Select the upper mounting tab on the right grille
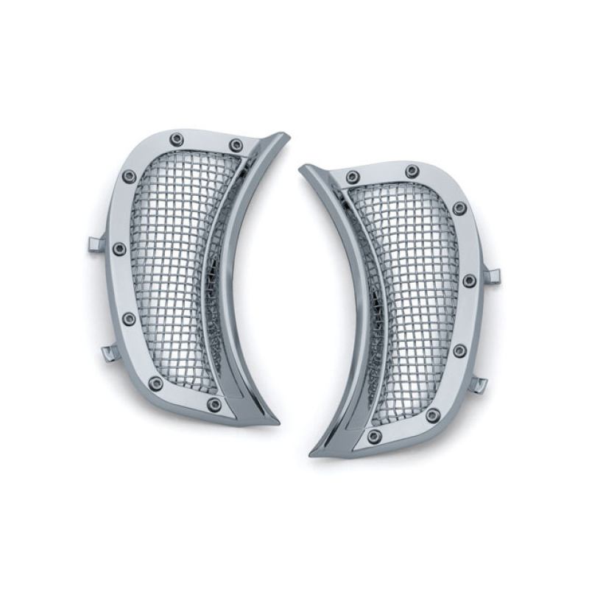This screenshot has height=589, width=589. click(x=492, y=276)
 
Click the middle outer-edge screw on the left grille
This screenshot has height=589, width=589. click(x=119, y=249)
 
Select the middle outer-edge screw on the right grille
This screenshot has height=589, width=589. click(x=468, y=281)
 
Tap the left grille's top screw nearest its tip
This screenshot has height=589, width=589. click(x=236, y=145)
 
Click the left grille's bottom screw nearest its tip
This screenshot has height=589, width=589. click(x=214, y=405)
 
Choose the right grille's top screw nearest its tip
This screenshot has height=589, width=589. click(x=353, y=177)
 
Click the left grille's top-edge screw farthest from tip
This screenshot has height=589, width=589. click(x=176, y=139)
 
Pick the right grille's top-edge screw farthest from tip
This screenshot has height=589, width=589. click(x=412, y=171)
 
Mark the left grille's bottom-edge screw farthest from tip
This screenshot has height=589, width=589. click(x=155, y=384)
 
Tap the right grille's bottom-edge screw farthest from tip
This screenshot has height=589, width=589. click(x=433, y=415)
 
